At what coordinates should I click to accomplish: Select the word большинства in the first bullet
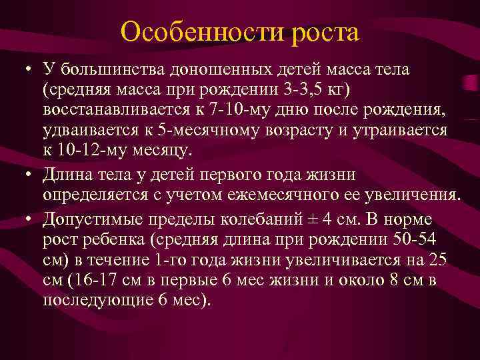point(112,69)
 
